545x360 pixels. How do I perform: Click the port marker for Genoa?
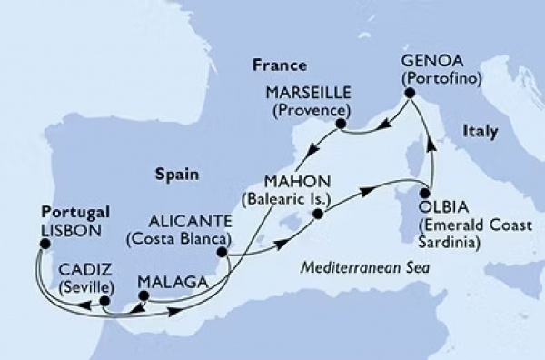coord(409,93)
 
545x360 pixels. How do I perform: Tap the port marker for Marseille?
coord(341,124)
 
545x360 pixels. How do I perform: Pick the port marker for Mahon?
coord(317,215)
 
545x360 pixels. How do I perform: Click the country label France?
coord(277,65)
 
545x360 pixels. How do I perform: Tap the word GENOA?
coord(427,62)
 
